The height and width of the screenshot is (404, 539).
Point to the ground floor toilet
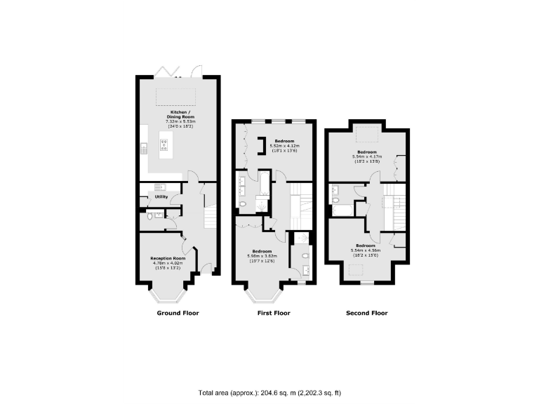[150, 217]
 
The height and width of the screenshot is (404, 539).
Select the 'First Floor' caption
[272, 313]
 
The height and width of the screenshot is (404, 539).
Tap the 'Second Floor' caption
[366, 313]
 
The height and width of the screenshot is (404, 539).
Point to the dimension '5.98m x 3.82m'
[262, 256]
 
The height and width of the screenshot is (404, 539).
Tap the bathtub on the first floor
[265, 184]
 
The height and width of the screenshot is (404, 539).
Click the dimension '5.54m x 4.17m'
[367, 156]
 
